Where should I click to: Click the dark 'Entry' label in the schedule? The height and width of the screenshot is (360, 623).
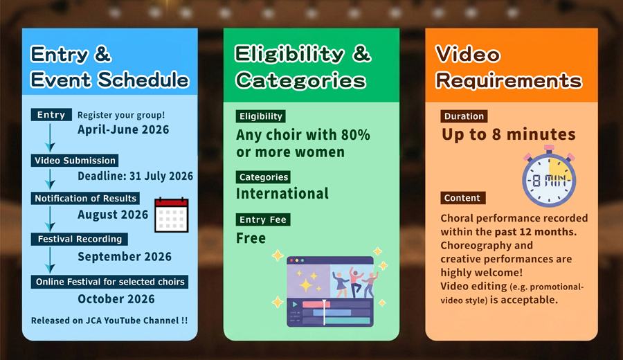point(51,114)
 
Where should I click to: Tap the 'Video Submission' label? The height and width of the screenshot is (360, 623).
point(75,161)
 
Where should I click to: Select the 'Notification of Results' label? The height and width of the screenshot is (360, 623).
point(85,198)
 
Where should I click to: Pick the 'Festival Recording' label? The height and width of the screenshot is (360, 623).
point(80,239)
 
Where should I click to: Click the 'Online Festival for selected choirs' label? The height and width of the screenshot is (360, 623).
point(109,282)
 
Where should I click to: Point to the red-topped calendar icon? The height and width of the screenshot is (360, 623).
point(171,215)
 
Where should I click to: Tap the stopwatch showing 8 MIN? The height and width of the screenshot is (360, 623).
point(549,177)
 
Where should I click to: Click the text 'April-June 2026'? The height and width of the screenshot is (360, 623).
point(123,129)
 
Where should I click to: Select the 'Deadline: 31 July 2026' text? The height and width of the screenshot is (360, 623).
point(135,176)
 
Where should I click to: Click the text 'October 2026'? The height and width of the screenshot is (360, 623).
point(116,299)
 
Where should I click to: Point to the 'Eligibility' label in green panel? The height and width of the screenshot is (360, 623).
point(261,116)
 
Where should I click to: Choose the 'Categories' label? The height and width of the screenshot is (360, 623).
point(264,177)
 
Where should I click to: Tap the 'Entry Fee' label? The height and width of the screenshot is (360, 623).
point(263,219)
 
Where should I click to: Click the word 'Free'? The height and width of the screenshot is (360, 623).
point(251,238)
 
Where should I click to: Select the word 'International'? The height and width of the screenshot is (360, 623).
point(282,194)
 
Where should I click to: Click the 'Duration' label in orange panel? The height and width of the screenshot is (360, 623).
point(464,116)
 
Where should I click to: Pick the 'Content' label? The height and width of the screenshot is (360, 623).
point(462,198)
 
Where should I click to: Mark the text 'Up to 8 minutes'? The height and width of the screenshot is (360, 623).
point(509,134)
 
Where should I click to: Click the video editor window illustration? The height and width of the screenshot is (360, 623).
point(330,291)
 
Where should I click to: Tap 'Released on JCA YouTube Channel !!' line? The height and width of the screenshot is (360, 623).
point(109,321)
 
